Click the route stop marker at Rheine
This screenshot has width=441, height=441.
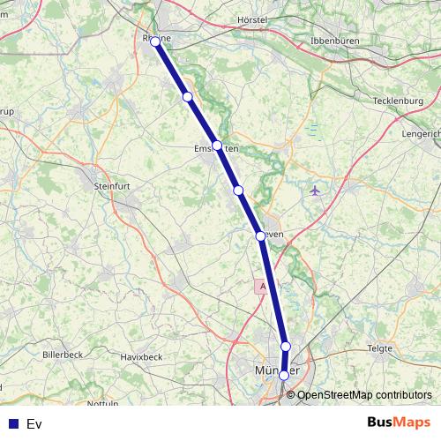[155, 41]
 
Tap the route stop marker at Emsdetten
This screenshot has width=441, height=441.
[217, 146]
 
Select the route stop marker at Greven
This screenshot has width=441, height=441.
[260, 235]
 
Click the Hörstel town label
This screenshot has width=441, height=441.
[252, 19]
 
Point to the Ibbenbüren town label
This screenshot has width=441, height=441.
[340, 41]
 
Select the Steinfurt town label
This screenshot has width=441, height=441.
[111, 186]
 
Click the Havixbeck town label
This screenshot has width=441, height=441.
[141, 356]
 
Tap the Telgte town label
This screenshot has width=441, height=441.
[379, 348]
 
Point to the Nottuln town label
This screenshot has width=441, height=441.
[102, 403]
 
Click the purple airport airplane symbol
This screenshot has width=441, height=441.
[316, 190]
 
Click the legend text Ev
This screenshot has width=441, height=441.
[34, 424]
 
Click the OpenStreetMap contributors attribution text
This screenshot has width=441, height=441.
[364, 394]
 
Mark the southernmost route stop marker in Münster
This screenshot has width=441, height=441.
[283, 375]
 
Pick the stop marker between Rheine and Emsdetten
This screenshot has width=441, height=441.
[187, 97]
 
